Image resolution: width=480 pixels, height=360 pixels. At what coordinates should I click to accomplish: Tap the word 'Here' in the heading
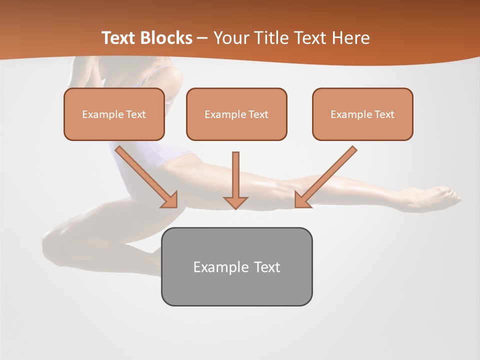pos(351,38)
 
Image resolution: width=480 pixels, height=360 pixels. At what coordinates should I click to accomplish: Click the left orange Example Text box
pos(114,114)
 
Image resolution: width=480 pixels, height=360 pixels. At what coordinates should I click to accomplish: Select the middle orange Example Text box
pos(236,114)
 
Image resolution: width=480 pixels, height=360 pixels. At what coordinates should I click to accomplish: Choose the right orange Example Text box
pos(362,114)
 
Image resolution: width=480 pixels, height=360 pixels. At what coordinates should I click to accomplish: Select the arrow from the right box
pos(326,177)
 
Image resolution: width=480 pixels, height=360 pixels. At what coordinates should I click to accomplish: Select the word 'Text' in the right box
pos(384,114)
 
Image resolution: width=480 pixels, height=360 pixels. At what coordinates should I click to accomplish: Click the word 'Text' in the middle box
pos(258,114)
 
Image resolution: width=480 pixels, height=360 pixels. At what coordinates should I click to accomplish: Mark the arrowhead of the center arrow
pos(235,202)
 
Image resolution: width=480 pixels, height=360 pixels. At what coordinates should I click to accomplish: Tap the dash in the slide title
pos(202,38)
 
